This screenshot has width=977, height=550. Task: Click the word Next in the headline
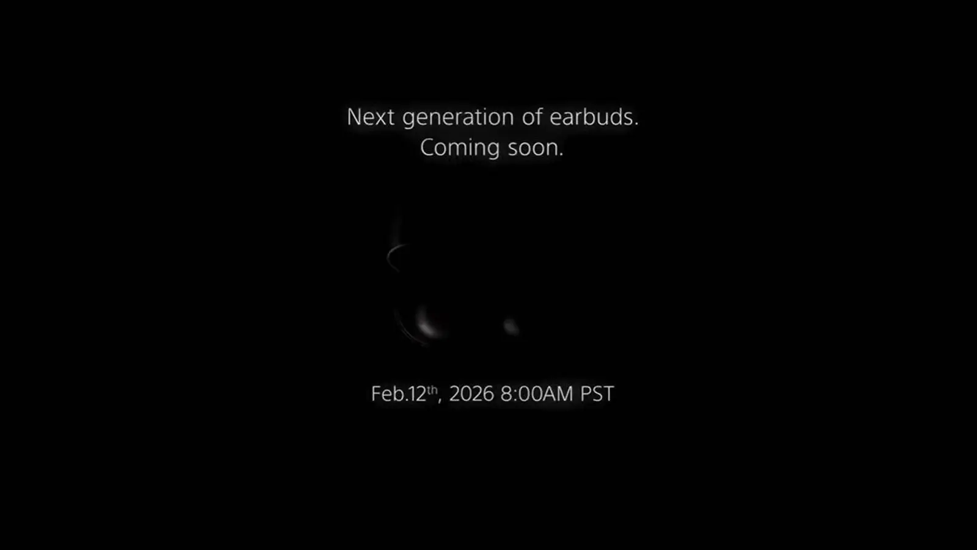pyautogui.click(x=371, y=117)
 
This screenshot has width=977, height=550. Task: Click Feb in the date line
pyautogui.click(x=387, y=394)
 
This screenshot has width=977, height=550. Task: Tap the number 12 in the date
pyautogui.click(x=416, y=394)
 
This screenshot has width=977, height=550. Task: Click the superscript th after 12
pyautogui.click(x=432, y=390)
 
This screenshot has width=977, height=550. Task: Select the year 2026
pyautogui.click(x=471, y=394)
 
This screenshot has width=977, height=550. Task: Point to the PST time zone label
pyautogui.click(x=597, y=394)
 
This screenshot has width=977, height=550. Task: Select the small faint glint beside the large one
pyautogui.click(x=510, y=326)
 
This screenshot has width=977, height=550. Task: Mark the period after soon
pyautogui.click(x=561, y=155)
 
